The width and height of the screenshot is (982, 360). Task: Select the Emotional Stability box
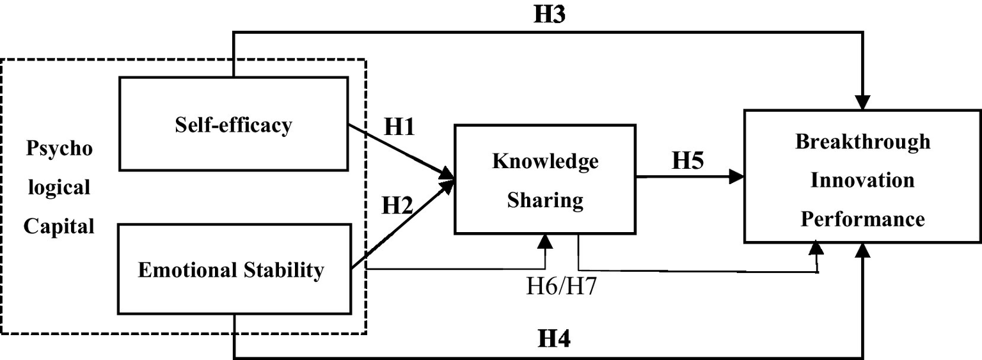[234, 269]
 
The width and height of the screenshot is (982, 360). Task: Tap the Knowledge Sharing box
[544, 180]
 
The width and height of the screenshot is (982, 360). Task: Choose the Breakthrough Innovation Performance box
[862, 176]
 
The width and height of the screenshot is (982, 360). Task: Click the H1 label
[400, 127]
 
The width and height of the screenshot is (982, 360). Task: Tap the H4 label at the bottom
[553, 338]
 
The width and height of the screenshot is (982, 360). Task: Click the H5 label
[688, 160]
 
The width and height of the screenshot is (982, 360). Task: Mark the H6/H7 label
[562, 286]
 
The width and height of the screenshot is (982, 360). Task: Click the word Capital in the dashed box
[59, 226]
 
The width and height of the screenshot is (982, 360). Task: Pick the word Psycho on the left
[59, 149]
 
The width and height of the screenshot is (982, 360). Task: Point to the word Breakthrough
[862, 141]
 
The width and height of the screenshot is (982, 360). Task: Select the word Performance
[862, 219]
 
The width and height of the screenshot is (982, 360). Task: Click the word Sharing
[545, 201]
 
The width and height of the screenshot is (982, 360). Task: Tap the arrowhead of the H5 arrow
[738, 177]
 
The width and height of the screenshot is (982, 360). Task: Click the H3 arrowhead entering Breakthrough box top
[863, 103]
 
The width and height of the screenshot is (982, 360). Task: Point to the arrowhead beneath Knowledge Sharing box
[545, 240]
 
